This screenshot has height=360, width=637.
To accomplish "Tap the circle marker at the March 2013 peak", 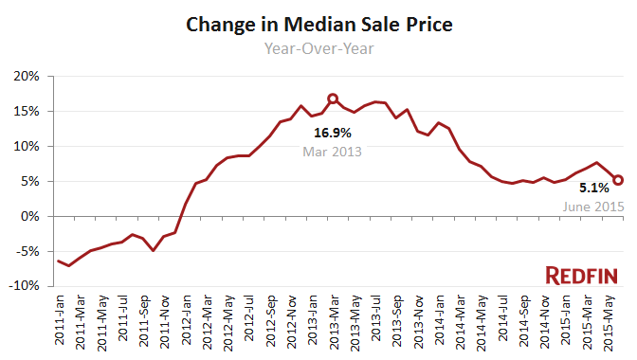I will [333, 99].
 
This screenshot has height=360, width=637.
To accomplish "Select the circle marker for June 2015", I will [617, 180].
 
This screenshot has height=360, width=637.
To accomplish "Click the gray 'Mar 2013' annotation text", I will [333, 151].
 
